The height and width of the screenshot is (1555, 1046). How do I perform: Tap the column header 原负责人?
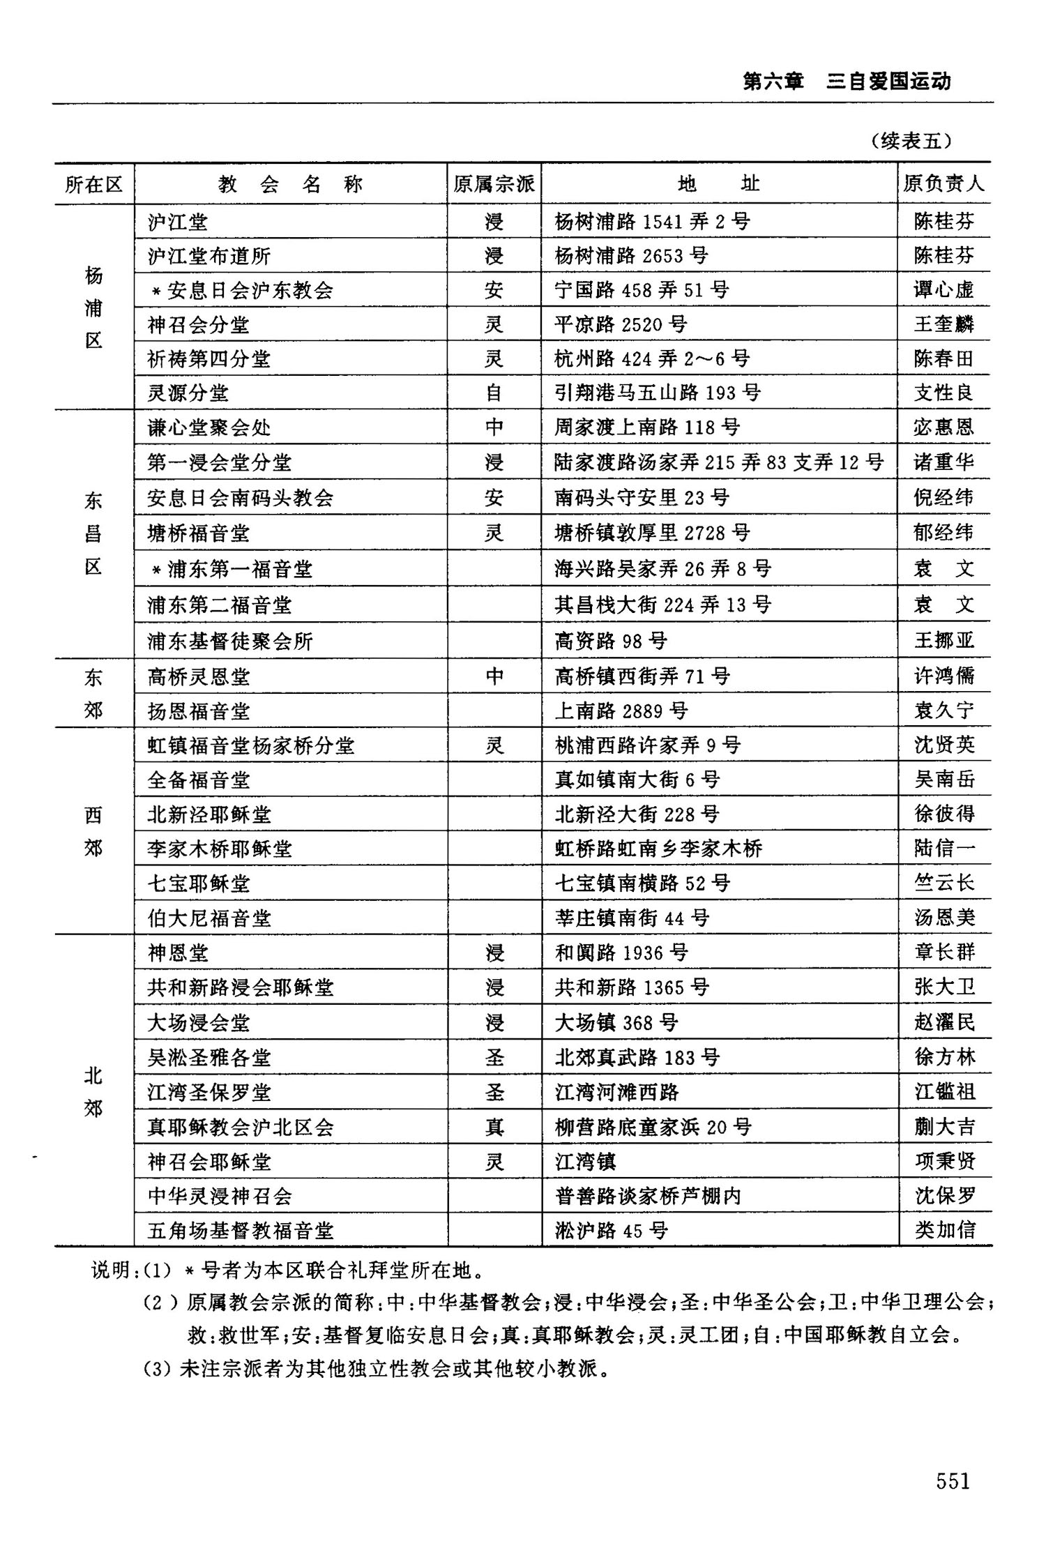pos(943,184)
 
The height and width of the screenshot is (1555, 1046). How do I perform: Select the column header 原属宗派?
pos(494,184)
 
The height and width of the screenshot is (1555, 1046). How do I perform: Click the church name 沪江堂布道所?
pos(209,256)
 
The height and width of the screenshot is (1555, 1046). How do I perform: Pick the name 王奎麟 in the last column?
pos(943,324)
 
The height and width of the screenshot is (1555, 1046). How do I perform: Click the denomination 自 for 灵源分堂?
pos(494,393)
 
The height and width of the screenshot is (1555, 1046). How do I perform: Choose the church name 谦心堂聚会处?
pos(209,427)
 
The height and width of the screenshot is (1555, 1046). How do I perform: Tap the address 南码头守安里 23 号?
pos(642,498)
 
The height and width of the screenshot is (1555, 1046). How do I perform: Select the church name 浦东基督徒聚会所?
pos(230,641)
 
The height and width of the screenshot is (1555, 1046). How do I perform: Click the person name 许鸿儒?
pos(943,676)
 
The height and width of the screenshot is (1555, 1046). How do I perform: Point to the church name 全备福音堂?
pos(199,780)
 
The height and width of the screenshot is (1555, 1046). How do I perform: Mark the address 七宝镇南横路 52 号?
pos(642,883)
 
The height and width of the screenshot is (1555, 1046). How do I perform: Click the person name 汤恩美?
pos(944,918)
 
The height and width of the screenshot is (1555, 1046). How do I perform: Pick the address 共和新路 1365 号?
pos(632,987)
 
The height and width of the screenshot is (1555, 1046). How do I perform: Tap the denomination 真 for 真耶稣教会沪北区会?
pos(494,1127)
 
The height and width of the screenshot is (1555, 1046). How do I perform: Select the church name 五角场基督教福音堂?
pos(241,1231)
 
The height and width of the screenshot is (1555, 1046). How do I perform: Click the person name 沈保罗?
pos(944,1196)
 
